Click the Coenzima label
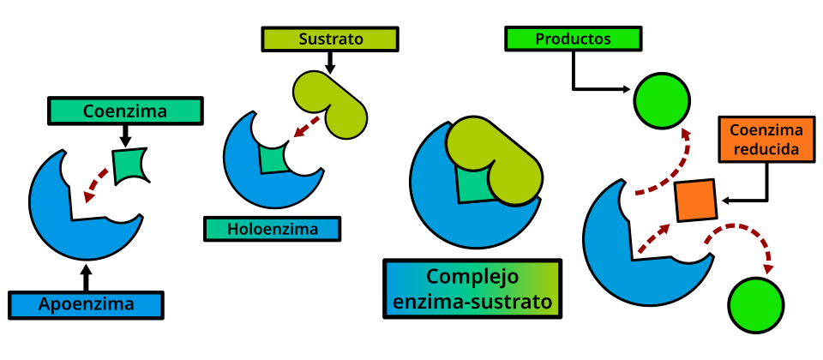point(125,111)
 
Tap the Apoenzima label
point(86,304)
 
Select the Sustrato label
point(330,39)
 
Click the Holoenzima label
point(272,229)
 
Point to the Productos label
point(573,39)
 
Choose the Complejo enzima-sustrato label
point(472,289)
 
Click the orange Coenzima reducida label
point(766,140)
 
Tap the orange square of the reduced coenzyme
point(695,200)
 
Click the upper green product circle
point(662,101)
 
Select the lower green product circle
point(755,305)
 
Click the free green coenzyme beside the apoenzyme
point(129,165)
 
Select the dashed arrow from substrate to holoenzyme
point(305,127)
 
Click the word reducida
point(766,149)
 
